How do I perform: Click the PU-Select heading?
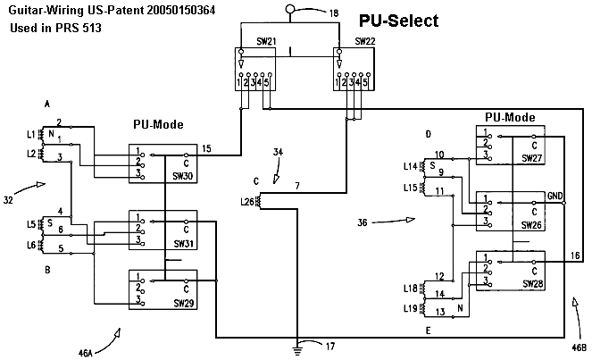[x=398, y=21]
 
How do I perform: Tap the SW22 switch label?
[x=364, y=41]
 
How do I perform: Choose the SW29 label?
[x=183, y=303]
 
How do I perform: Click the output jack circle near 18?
[x=289, y=10]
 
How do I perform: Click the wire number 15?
[x=207, y=147]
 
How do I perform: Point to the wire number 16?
[x=574, y=255]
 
